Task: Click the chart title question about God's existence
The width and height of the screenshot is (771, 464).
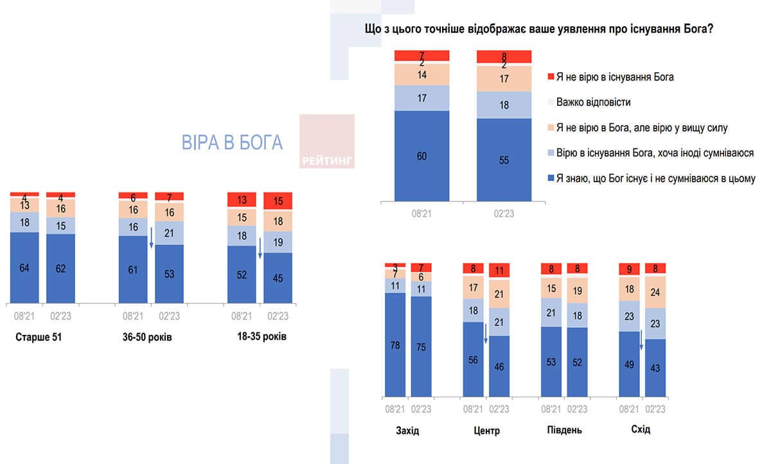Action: coord(539,30)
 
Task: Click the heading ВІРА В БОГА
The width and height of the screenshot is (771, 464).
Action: coord(233,142)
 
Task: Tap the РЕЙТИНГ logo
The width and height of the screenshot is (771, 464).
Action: coord(327,160)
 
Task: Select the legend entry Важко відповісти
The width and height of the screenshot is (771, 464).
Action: coord(593,102)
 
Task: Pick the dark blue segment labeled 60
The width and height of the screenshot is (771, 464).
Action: coord(421,155)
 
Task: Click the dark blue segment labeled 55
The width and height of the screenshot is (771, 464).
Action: coord(504,160)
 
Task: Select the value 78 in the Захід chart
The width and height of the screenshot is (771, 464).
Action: coord(395,345)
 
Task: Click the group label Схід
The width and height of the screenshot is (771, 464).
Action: coord(642,429)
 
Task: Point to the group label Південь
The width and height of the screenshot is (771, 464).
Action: coord(563,430)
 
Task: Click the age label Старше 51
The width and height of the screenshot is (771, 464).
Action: coord(39,337)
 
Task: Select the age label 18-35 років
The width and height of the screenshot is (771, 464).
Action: coord(260,337)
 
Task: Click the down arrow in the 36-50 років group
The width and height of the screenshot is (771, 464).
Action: coord(151,237)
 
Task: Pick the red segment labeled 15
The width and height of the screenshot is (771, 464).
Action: coord(278,201)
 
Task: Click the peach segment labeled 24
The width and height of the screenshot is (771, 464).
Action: coord(655,292)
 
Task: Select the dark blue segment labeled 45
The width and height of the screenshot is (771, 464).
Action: coord(278,278)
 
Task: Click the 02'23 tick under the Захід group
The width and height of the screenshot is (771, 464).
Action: coord(421,409)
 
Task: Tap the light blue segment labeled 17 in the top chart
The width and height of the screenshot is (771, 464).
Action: coord(421,98)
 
